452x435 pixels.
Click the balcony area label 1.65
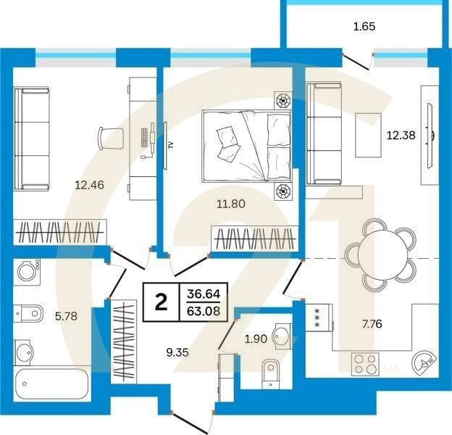coord(364,27)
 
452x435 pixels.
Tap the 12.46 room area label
coord(89,185)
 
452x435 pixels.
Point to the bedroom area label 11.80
coord(231,204)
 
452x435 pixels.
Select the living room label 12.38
coord(401,135)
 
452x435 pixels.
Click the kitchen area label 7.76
coord(372,324)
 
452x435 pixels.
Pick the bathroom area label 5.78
coord(67,316)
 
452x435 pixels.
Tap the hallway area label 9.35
coord(177,352)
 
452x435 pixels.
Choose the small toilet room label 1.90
coord(256,339)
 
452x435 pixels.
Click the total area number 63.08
coord(204,311)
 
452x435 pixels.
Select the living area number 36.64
coord(204,294)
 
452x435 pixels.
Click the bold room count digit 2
coord(161,302)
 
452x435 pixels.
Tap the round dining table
coord(380,254)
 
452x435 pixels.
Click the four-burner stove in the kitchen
coord(365,364)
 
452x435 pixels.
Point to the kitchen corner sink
coord(424,362)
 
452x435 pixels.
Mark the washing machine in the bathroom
coord(27,272)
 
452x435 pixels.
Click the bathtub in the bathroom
coord(53,384)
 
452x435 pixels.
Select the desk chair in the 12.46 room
coord(111,138)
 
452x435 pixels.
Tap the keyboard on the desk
coord(145,137)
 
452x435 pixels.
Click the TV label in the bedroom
coord(171,145)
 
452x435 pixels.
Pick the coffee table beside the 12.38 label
coord(368,135)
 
